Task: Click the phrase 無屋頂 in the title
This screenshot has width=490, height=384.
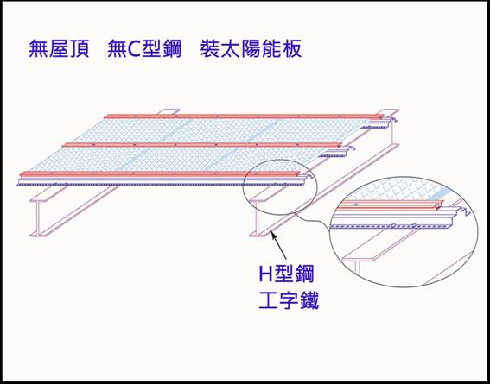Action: [x=59, y=49]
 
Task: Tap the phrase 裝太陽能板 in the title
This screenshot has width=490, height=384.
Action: [x=251, y=49]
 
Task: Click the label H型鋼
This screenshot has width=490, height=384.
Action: [x=286, y=274]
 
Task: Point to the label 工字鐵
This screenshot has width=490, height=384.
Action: [x=289, y=300]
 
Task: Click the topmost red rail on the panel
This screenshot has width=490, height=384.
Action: [x=244, y=116]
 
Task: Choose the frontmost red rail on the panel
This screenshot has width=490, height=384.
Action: [x=160, y=173]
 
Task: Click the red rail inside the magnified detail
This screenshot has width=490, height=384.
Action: [x=391, y=205]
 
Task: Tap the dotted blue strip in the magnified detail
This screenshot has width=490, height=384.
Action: [x=391, y=225]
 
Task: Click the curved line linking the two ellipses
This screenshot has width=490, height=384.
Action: [x=313, y=219]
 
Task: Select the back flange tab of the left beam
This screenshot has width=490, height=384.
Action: [x=169, y=111]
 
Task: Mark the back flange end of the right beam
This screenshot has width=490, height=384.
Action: [x=388, y=112]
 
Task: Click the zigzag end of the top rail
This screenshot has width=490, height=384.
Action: [x=392, y=119]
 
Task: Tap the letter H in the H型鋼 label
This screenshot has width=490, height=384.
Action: [x=265, y=274]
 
